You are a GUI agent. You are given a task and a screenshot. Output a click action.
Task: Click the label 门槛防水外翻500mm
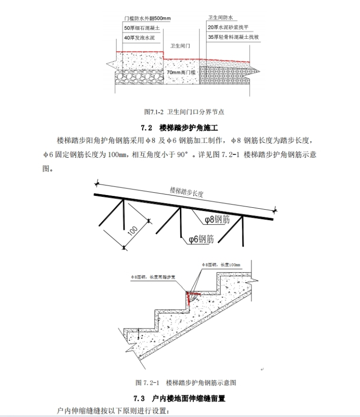coord(147,19)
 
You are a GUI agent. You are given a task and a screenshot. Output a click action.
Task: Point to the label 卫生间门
coord(180,46)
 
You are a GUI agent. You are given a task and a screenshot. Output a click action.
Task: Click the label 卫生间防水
coord(219,17)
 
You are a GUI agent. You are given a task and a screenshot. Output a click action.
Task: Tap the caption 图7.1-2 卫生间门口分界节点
coord(183,112)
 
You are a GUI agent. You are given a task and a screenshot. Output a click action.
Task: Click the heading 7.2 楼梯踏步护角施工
coord(180,128)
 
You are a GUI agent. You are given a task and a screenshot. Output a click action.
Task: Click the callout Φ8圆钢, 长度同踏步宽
coord(157,277)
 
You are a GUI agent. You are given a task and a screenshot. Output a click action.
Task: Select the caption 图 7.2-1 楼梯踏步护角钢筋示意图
coord(186,382)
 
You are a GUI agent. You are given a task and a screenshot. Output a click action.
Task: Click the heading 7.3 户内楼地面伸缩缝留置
coord(180,398)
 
